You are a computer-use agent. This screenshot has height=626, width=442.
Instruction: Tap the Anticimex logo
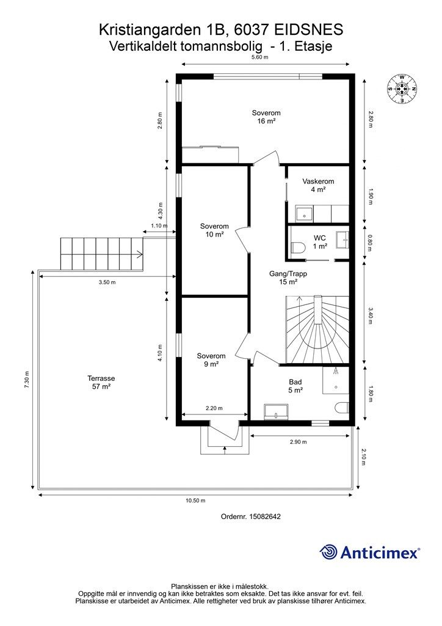369,553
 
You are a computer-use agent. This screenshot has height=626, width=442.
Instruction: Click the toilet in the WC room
298,248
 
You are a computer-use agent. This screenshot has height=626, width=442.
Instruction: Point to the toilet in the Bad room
342,408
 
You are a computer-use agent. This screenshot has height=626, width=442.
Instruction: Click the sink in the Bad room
276,411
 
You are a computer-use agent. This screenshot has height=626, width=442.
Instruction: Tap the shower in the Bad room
336,380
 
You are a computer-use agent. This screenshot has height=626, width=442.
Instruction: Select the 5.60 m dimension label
260,57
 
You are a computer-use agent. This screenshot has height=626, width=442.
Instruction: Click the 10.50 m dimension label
196,501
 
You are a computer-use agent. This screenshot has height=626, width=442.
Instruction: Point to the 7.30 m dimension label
27,380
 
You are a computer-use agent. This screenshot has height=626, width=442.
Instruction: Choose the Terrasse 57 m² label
101,382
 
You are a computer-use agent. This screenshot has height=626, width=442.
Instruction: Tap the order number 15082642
264,516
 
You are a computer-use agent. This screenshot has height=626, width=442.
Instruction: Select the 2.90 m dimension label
299,442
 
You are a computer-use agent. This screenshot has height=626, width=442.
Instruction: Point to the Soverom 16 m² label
266,117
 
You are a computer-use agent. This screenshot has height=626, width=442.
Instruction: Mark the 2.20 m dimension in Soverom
214,408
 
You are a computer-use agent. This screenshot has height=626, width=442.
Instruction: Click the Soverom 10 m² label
214,230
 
